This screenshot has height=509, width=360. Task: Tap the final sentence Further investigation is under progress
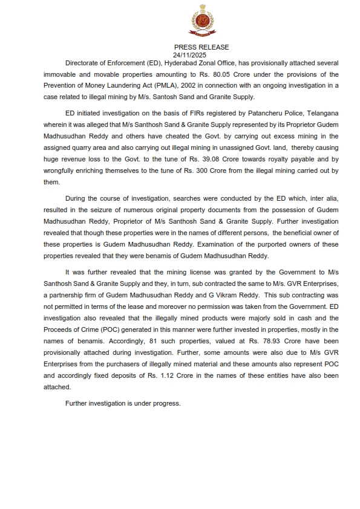123,402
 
